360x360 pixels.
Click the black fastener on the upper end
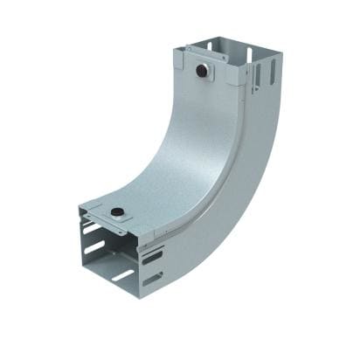[203, 68]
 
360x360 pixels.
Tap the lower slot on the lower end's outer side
[154, 280]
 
